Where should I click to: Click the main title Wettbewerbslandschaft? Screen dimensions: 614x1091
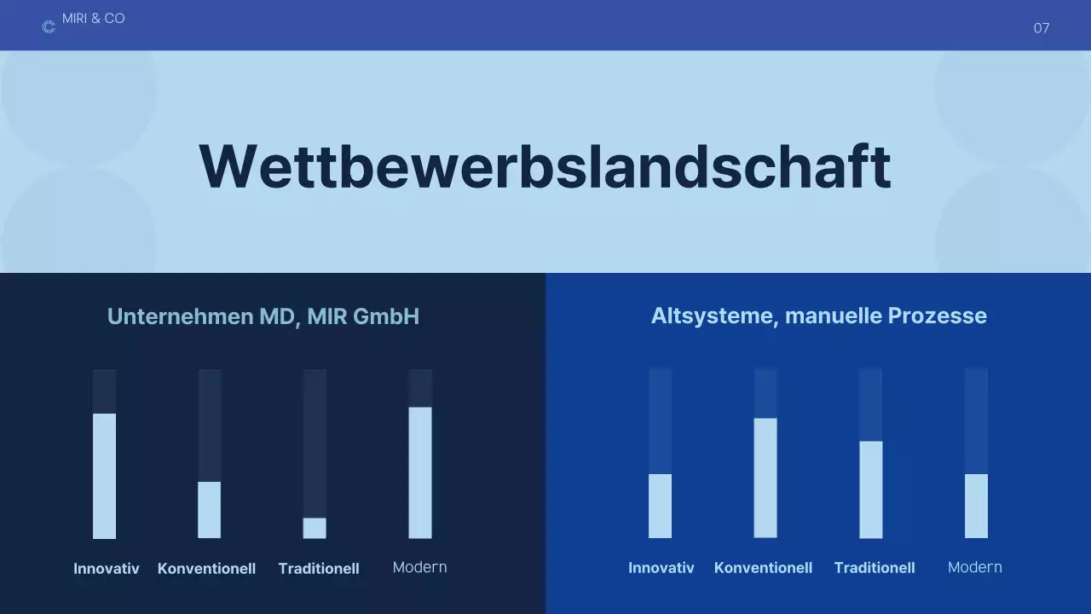click(x=545, y=166)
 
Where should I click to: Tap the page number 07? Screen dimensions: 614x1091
click(x=1041, y=28)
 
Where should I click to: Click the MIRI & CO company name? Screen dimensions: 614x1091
click(x=94, y=19)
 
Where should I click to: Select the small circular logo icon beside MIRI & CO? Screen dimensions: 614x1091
click(x=49, y=27)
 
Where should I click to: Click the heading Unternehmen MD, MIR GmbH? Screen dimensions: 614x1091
click(x=263, y=317)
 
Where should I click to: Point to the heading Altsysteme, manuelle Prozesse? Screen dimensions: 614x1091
click(x=818, y=316)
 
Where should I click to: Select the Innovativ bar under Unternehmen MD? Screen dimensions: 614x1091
click(x=104, y=476)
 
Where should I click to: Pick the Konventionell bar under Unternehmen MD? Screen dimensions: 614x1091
click(x=210, y=510)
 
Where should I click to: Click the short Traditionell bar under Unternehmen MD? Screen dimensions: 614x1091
click(x=315, y=528)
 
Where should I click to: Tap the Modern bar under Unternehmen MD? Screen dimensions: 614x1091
click(x=420, y=472)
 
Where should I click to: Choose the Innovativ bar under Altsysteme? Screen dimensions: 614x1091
click(x=660, y=506)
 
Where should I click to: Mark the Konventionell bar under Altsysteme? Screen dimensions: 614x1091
click(x=765, y=478)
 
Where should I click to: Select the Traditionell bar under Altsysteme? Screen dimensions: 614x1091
click(x=870, y=489)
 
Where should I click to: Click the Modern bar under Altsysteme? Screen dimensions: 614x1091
click(x=976, y=506)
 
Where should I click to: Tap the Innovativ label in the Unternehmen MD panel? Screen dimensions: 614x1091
click(x=107, y=569)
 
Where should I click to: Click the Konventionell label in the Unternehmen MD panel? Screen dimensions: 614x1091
click(x=206, y=569)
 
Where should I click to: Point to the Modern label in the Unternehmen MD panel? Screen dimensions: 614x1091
click(x=419, y=567)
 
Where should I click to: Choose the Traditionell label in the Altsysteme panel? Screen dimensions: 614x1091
click(x=875, y=568)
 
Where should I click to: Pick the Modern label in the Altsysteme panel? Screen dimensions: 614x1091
click(x=974, y=567)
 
